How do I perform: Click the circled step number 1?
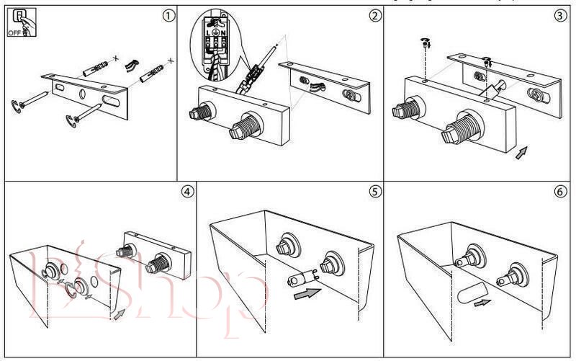[x=168, y=16]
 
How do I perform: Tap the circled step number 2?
[x=374, y=16]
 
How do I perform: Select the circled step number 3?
[x=561, y=16]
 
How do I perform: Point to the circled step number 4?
[x=186, y=192]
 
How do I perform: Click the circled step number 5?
[x=374, y=192]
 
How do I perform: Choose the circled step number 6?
[x=561, y=192]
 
